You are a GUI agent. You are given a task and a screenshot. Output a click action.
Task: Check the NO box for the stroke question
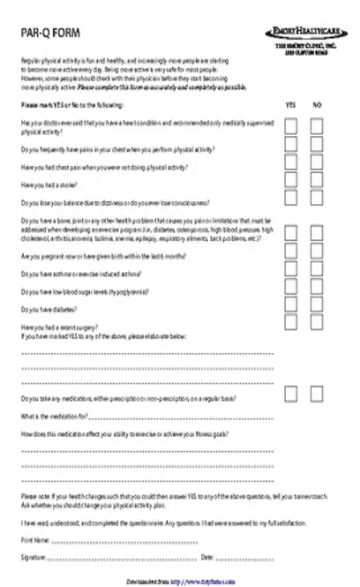[318, 182]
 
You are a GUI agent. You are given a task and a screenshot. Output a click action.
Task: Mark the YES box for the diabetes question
[290, 305]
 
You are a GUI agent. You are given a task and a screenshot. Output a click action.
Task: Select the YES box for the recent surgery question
[290, 324]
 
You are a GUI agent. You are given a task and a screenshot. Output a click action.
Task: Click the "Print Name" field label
[36, 538]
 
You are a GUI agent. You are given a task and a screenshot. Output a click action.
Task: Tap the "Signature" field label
[34, 557]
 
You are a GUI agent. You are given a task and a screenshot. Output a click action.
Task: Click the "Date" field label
[208, 557]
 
